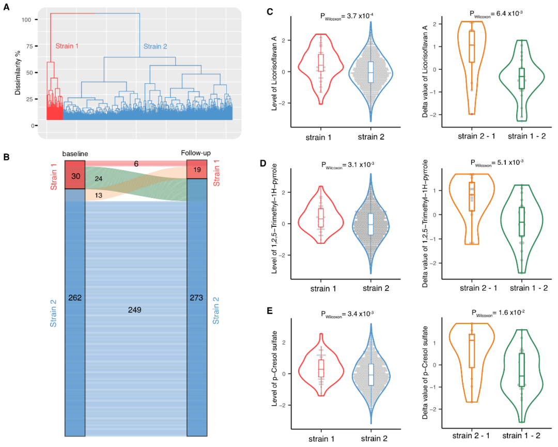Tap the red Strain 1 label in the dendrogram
(67, 46)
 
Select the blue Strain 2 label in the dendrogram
(155, 47)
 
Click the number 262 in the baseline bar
(74, 298)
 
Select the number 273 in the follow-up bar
(196, 298)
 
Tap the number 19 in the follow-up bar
(197, 170)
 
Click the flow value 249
(135, 310)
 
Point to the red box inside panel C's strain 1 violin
(321, 61)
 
